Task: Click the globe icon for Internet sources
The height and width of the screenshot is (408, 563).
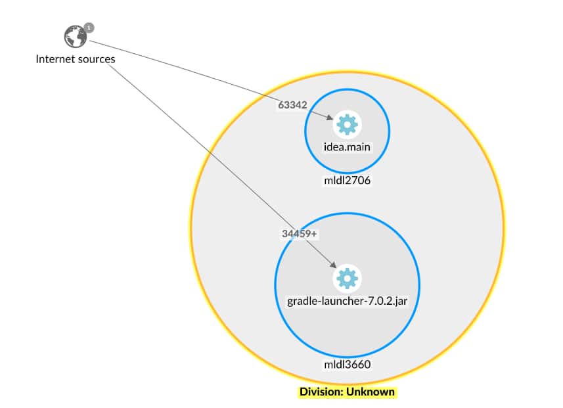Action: click(76, 37)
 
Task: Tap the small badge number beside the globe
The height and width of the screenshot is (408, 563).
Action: click(89, 28)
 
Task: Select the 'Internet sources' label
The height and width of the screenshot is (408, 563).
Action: click(76, 59)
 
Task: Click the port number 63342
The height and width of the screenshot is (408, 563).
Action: click(292, 104)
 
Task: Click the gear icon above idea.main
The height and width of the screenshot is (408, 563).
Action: click(347, 124)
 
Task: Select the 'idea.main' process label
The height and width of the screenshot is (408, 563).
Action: click(347, 147)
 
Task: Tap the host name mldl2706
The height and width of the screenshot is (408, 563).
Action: click(347, 179)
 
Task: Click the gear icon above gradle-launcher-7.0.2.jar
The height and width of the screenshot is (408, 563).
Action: click(346, 279)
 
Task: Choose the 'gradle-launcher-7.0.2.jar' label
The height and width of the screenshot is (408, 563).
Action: click(346, 302)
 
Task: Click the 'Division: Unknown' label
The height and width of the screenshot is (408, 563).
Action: click(347, 392)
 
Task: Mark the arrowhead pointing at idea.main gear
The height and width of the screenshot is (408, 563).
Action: click(330, 119)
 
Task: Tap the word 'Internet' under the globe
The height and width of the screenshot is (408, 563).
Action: click(56, 59)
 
